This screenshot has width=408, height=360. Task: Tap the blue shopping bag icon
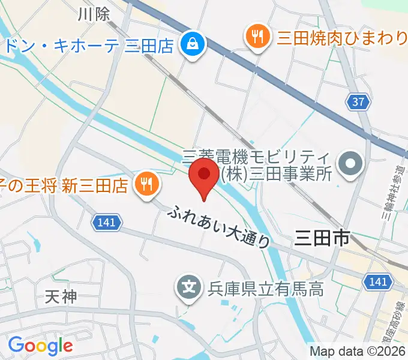[x=193, y=44]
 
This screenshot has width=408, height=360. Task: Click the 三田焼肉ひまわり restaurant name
[x=342, y=38]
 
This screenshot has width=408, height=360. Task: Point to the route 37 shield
[x=358, y=102]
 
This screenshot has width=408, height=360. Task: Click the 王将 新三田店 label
[x=66, y=185]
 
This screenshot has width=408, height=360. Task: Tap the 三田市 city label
[x=322, y=238]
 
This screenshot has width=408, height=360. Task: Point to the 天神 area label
[x=62, y=296]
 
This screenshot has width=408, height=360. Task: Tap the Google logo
[x=40, y=345]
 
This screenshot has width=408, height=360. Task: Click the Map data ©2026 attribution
[x=358, y=351]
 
